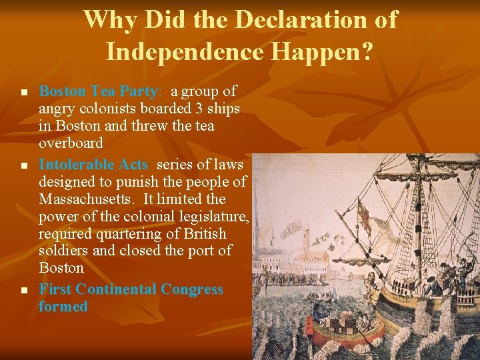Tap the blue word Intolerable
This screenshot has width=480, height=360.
point(75,164)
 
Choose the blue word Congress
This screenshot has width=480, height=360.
point(192,289)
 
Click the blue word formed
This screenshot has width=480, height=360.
point(63,307)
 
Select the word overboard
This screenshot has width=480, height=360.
point(70,143)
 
